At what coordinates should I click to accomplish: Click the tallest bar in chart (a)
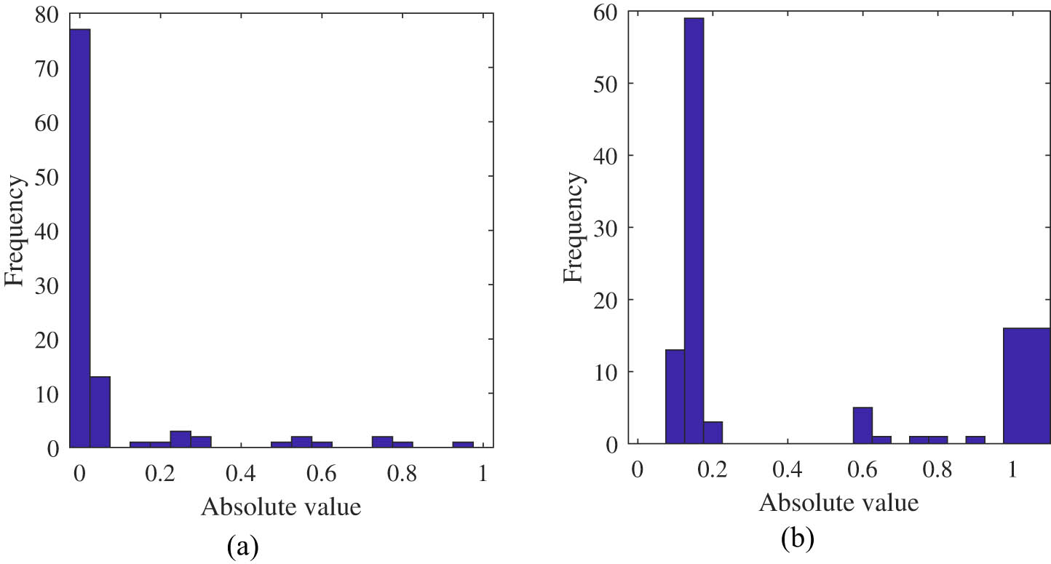point(80,240)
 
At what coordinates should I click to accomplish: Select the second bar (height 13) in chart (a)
point(100,412)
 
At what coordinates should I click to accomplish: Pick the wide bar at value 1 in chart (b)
point(1026,386)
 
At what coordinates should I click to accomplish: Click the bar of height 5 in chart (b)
point(862,426)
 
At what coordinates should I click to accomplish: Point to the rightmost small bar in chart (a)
point(463,444)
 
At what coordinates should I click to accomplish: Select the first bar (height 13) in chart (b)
point(675,397)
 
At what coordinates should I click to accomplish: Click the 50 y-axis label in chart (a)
point(46,176)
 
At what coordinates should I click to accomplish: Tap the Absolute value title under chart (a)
point(281,507)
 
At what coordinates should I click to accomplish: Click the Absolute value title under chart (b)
point(838,503)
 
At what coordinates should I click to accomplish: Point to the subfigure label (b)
point(797,539)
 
